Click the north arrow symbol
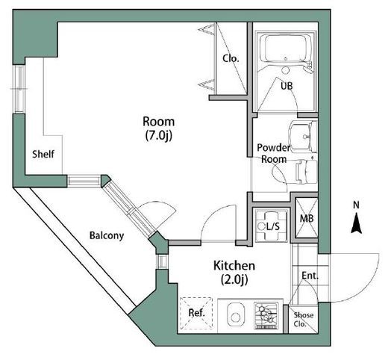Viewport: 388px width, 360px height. (x=357, y=223)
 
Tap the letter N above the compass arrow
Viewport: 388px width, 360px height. (x=357, y=205)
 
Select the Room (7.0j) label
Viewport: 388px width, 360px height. (x=159, y=128)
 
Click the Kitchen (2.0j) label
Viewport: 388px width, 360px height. (x=234, y=273)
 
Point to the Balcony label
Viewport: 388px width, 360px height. (x=107, y=235)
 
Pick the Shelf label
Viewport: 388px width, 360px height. (x=43, y=154)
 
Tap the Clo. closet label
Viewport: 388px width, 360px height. (x=231, y=59)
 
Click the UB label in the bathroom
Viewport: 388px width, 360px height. (x=287, y=86)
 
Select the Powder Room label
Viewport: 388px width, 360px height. (x=274, y=153)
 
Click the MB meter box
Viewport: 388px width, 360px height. (x=306, y=218)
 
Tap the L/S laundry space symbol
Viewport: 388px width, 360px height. (x=272, y=226)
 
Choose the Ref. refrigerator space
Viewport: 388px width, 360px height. (x=196, y=312)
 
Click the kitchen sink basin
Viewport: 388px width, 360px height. (x=235, y=314)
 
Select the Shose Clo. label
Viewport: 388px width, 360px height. (x=303, y=320)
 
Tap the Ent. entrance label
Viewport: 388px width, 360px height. (x=310, y=276)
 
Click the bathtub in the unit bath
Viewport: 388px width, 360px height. (x=285, y=48)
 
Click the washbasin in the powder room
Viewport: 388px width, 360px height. (x=303, y=137)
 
